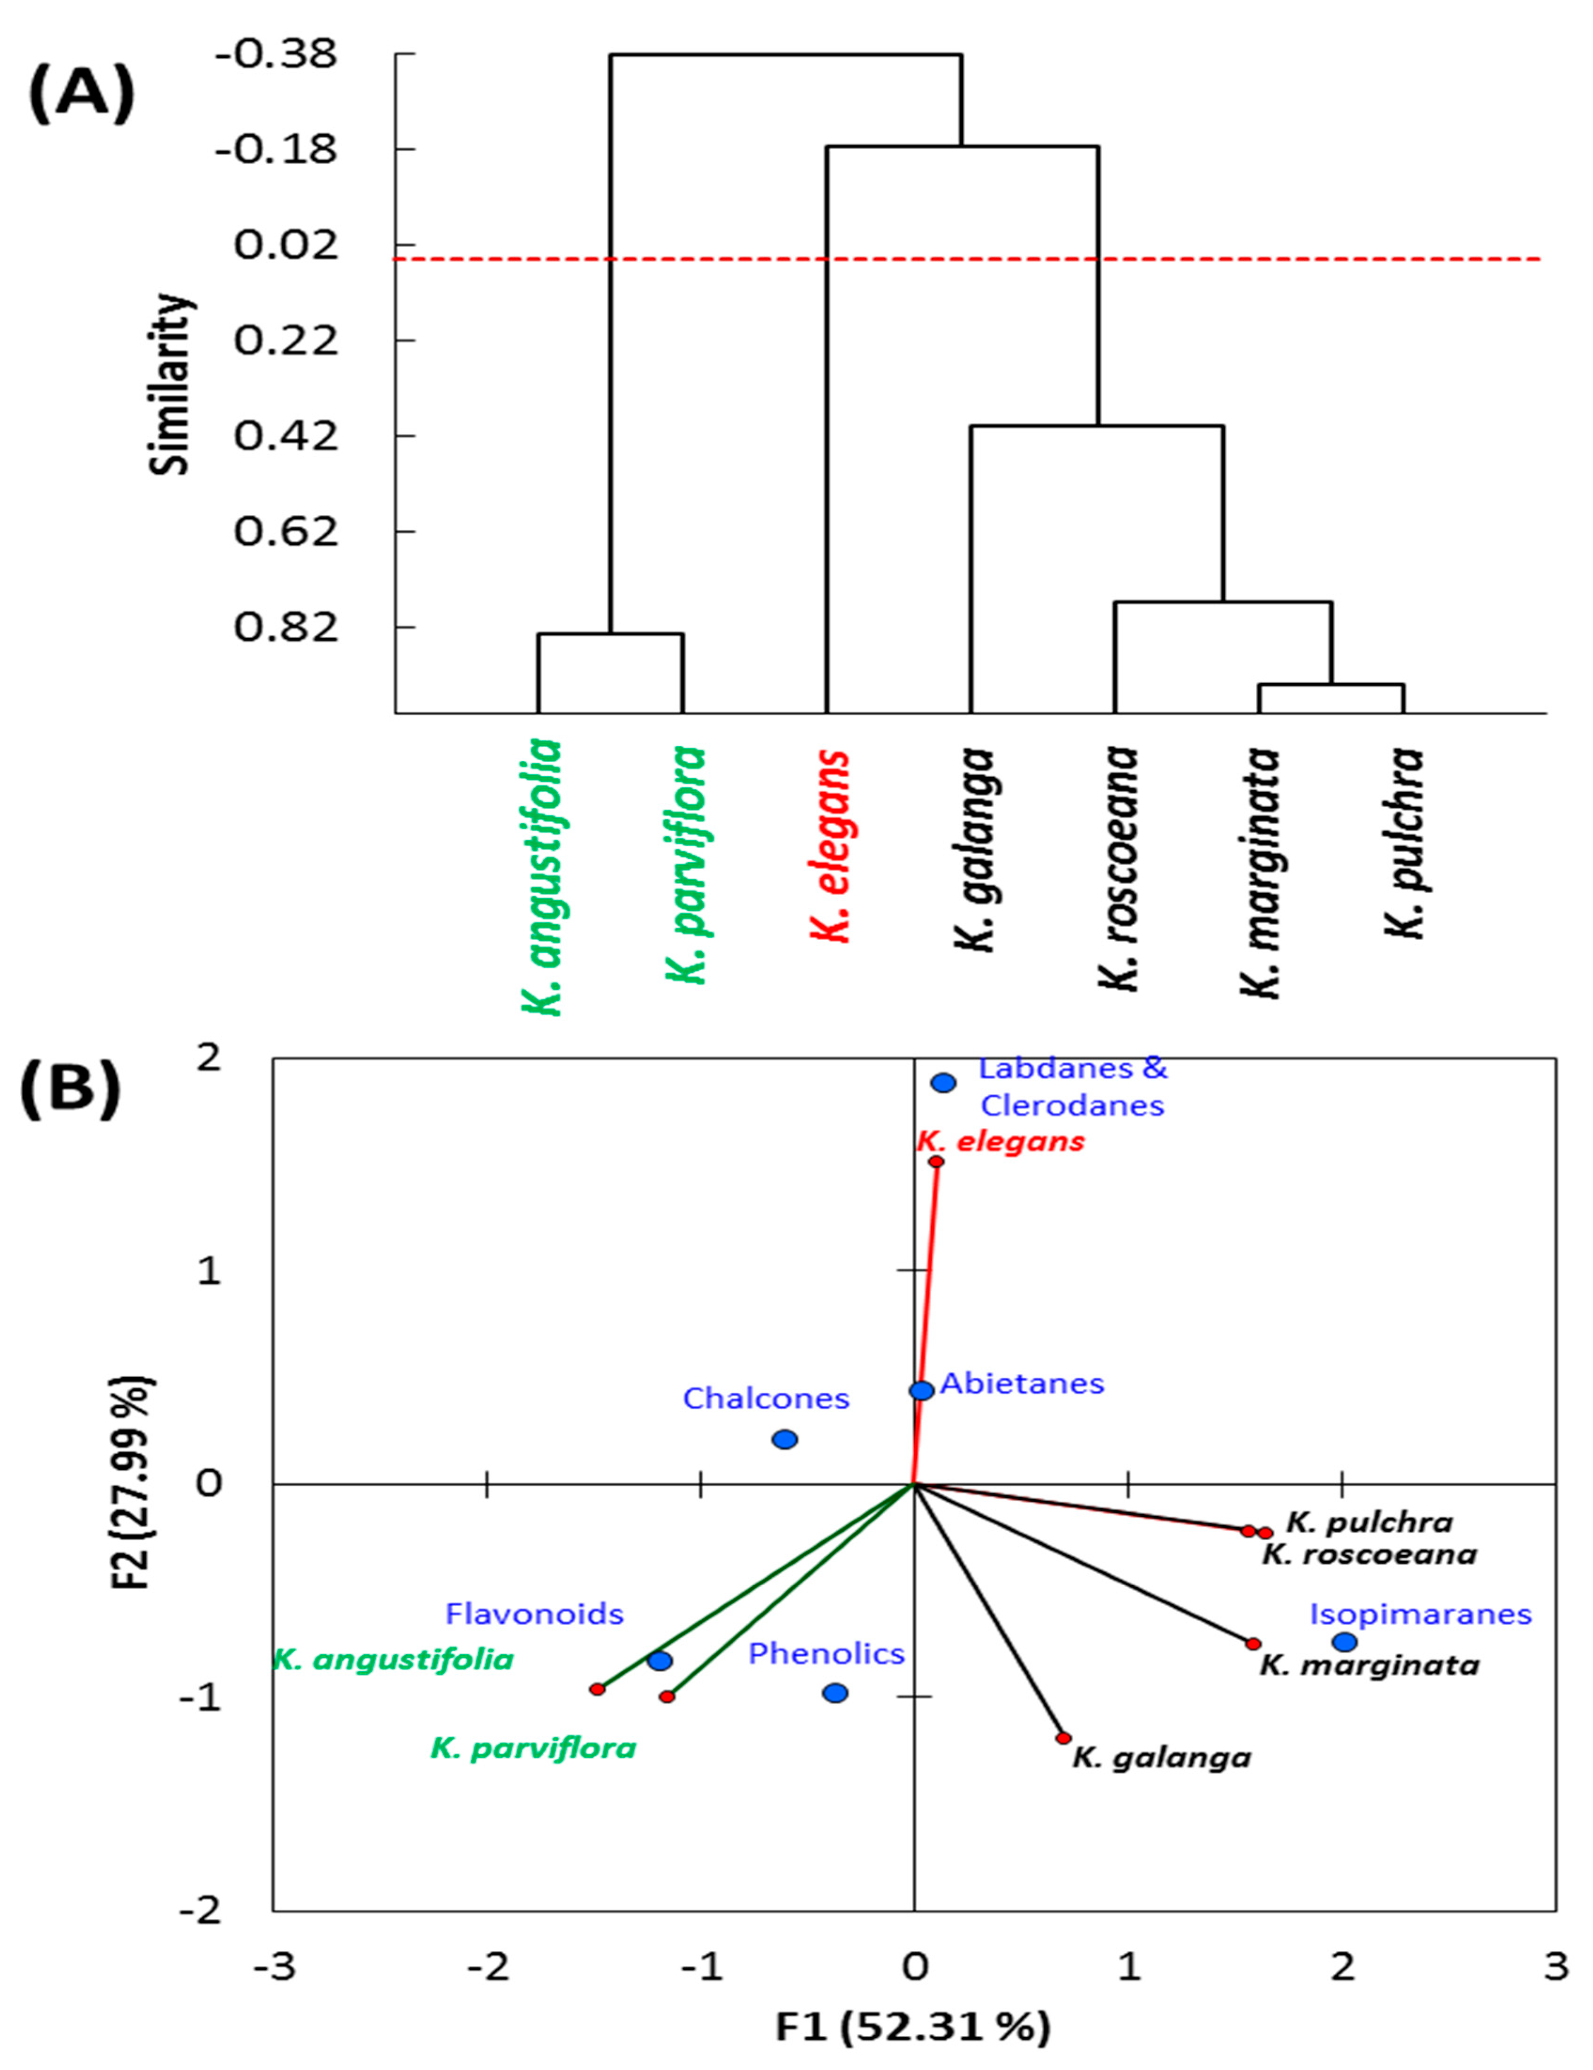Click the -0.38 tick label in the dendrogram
[x=276, y=54]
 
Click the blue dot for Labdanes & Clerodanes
[x=943, y=1082]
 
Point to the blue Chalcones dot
[x=785, y=1440]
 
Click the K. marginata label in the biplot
[x=1369, y=1665]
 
